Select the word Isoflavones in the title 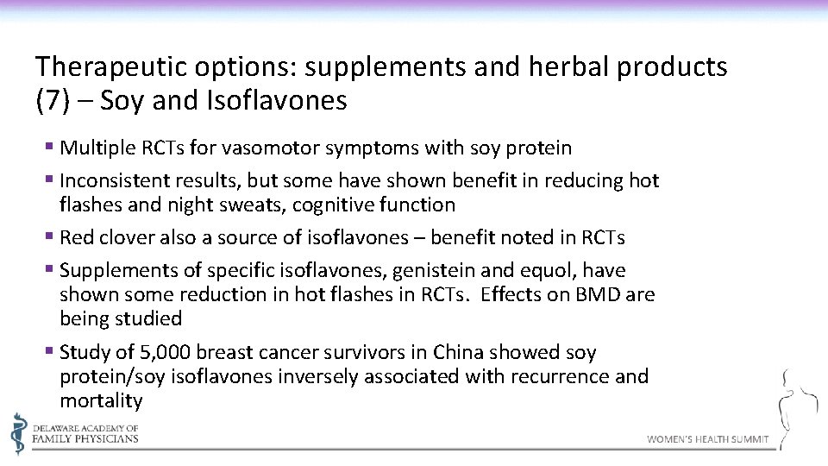277,102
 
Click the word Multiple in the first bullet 95,148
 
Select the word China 459,353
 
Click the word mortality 101,401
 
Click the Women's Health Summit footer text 707,440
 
